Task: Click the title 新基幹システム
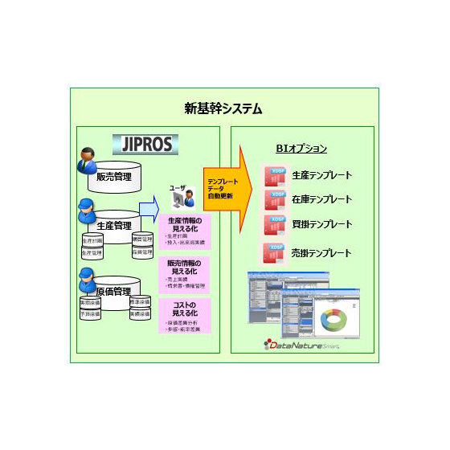click(223, 108)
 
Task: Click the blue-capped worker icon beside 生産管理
click(86, 211)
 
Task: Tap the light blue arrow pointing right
click(148, 211)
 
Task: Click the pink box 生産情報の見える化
click(184, 231)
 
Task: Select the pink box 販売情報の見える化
click(184, 274)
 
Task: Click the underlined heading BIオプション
click(301, 149)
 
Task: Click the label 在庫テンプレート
click(321, 198)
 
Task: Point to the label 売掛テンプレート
click(321, 253)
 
